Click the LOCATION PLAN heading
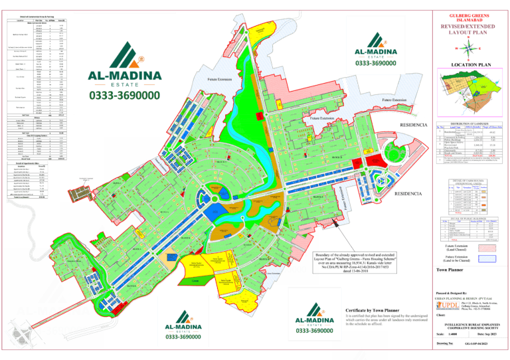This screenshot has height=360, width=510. tap(469, 64)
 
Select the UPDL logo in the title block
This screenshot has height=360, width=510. tap(444, 305)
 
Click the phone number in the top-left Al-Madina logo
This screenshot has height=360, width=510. tap(124, 96)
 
